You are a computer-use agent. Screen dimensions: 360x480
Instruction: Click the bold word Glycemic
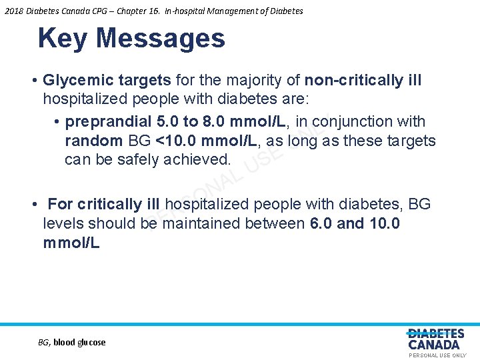pyautogui.click(x=73, y=81)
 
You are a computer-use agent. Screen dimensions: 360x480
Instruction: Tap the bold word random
pyautogui.click(x=93, y=141)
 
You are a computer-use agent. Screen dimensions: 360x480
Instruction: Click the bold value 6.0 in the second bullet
pyautogui.click(x=322, y=223)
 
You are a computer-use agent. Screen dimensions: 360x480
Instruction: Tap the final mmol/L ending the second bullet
pyautogui.click(x=71, y=243)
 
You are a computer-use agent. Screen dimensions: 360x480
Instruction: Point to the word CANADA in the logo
pyautogui.click(x=434, y=345)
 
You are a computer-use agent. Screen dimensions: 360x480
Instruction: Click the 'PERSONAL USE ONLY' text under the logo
pyautogui.click(x=437, y=355)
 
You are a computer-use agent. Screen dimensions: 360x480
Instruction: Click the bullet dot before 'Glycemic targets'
pyautogui.click(x=33, y=81)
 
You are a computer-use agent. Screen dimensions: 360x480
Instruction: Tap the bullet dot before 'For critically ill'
pyautogui.click(x=33, y=204)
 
